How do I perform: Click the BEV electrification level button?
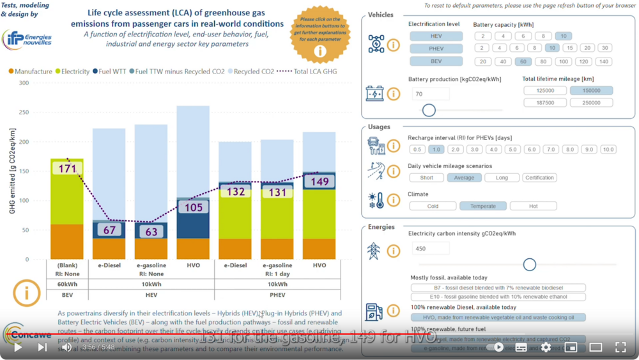click(435, 61)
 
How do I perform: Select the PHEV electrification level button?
click(435, 49)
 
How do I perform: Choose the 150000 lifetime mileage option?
click(591, 91)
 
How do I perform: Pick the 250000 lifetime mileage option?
click(591, 102)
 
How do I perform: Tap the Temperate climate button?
click(482, 206)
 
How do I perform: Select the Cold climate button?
click(433, 206)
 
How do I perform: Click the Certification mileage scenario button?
click(539, 178)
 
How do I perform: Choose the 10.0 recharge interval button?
click(608, 150)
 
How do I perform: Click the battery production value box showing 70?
click(431, 94)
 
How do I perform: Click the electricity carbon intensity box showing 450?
click(431, 249)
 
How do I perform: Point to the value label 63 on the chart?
click(151, 231)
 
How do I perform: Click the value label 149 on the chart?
click(319, 182)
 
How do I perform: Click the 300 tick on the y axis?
click(23, 83)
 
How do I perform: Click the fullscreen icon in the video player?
click(620, 347)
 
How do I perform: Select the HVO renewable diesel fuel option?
click(498, 317)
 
